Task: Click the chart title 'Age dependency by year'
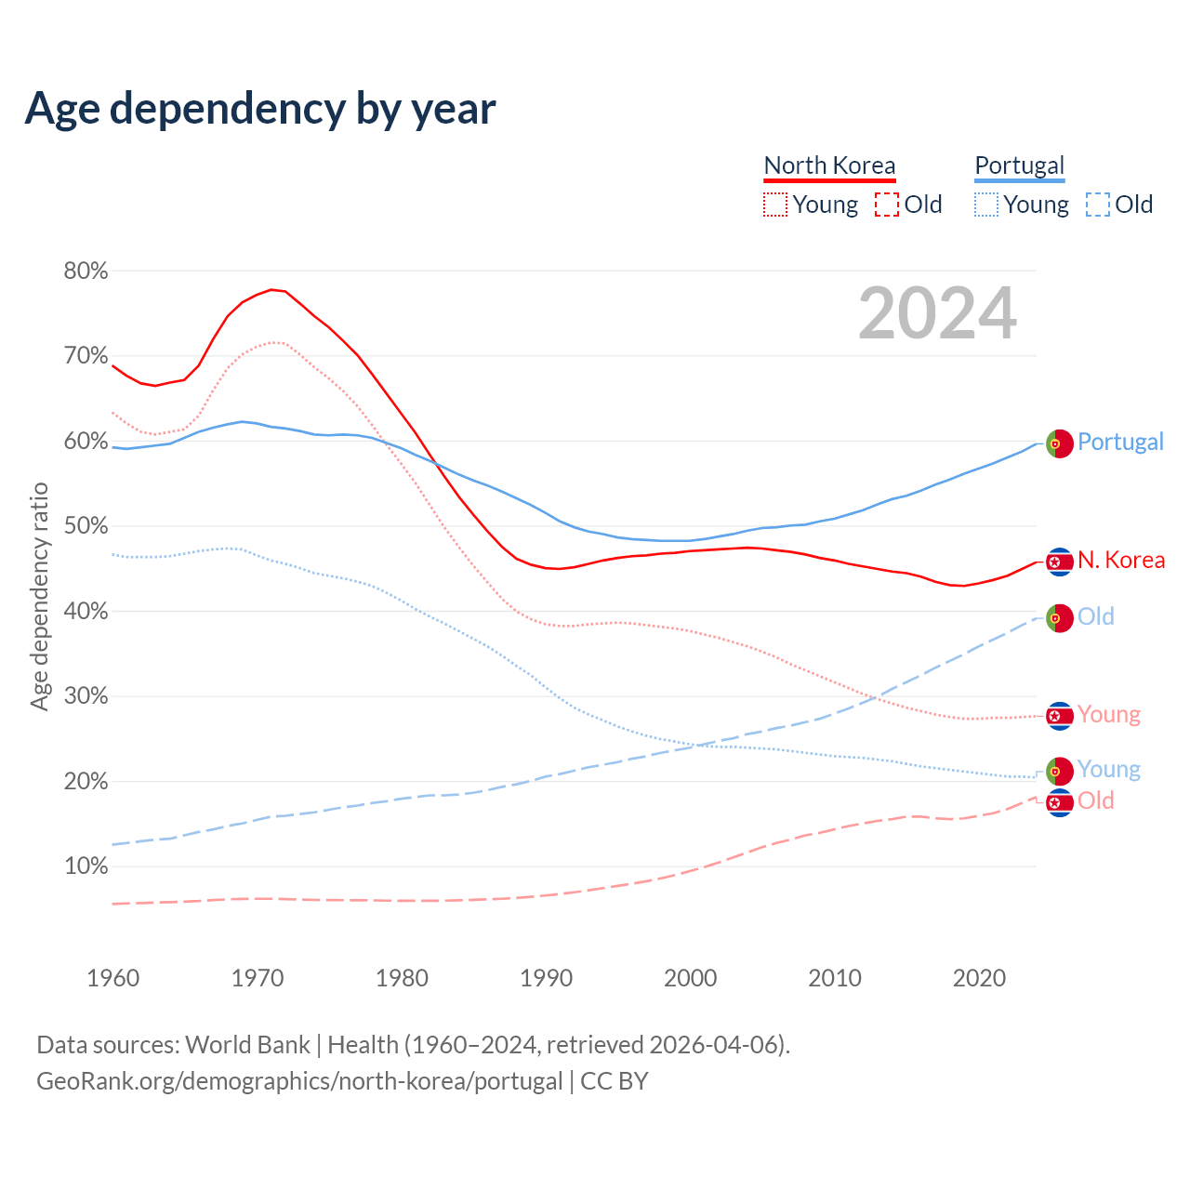260,109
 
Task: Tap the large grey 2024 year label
937,313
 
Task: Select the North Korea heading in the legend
829,165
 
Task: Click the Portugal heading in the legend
1019,165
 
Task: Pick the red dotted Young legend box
775,205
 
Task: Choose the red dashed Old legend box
887,205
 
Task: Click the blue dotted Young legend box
986,205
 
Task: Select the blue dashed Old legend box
1098,205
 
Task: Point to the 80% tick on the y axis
86,271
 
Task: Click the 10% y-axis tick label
86,866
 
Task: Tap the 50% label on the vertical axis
86,526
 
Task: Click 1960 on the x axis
112,978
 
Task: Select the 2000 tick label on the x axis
690,978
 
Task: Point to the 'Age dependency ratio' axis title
39,596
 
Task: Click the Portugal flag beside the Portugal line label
1059,443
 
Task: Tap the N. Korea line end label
1120,560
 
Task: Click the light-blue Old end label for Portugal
1095,616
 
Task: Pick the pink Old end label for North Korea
1095,800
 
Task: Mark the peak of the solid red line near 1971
271,289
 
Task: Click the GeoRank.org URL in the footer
299,1081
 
